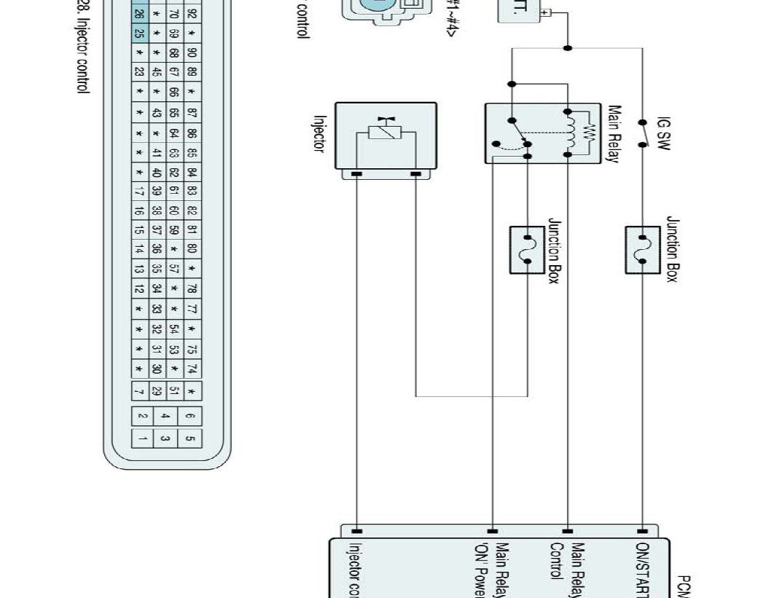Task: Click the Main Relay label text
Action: (x=614, y=134)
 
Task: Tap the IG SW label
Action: (x=663, y=133)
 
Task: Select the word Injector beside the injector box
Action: (x=318, y=133)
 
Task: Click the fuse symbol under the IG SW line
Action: (x=643, y=250)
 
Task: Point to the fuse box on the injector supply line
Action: (x=528, y=250)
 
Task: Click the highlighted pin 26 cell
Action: (x=139, y=14)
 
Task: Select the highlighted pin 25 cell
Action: (x=139, y=34)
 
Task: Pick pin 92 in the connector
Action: (x=192, y=14)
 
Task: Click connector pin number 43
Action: (x=157, y=113)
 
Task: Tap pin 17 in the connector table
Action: (x=139, y=192)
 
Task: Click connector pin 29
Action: (x=157, y=390)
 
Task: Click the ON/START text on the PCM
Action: (x=644, y=568)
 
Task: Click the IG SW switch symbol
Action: (x=643, y=133)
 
